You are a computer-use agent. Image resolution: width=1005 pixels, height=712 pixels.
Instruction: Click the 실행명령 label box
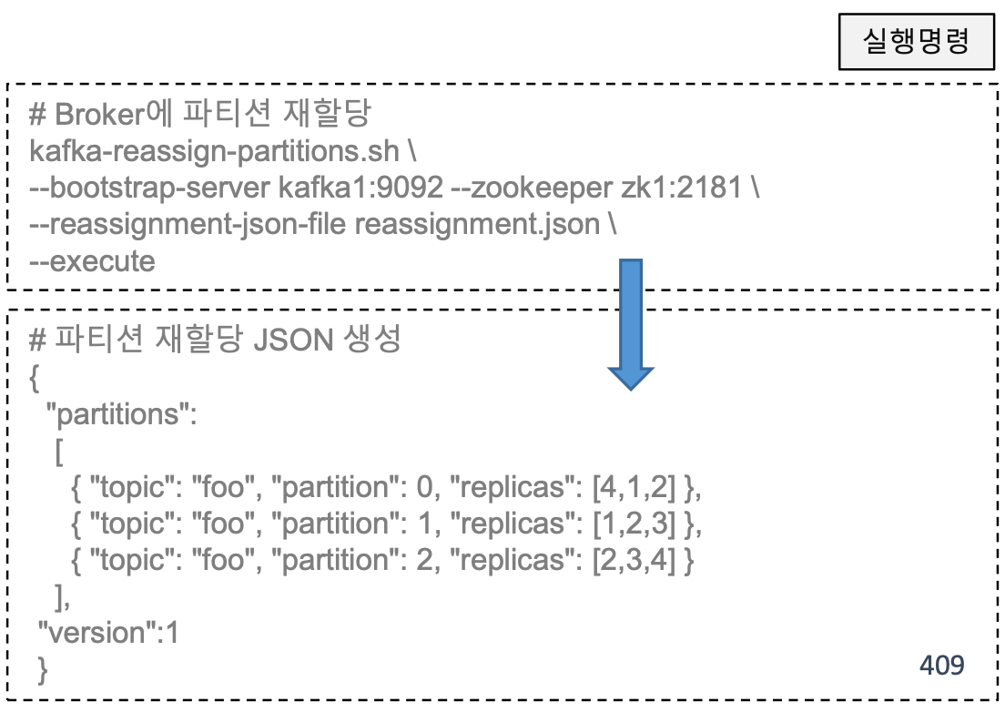pyautogui.click(x=916, y=42)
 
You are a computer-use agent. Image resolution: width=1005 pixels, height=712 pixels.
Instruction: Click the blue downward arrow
pyautogui.click(x=631, y=323)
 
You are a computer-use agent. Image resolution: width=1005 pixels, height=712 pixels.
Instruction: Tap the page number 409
pyautogui.click(x=941, y=666)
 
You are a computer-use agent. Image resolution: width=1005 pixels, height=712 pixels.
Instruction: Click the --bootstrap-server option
pyautogui.click(x=149, y=188)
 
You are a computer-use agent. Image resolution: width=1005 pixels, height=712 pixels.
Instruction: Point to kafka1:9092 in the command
pyautogui.click(x=360, y=188)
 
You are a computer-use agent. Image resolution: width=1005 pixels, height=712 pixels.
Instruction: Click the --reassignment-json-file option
pyautogui.click(x=188, y=225)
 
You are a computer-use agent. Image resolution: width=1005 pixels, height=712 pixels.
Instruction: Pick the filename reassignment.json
pyautogui.click(x=476, y=225)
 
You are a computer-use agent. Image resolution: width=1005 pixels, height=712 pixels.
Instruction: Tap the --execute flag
pyautogui.click(x=93, y=261)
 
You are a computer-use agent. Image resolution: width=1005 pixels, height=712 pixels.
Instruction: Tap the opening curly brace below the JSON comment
pyautogui.click(x=35, y=379)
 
